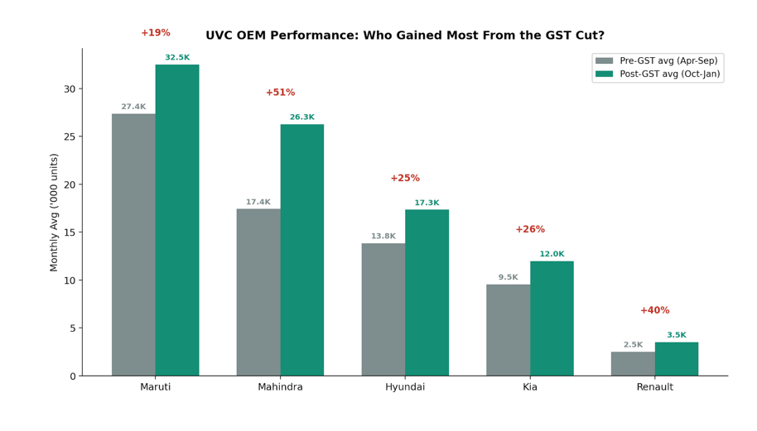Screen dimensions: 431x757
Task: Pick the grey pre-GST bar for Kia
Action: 508,330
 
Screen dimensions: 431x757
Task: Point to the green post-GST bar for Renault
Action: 676,359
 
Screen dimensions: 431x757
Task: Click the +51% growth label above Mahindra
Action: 280,93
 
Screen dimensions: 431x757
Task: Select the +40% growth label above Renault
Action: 654,310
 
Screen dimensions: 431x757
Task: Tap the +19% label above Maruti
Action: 155,33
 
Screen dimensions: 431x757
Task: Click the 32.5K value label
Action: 177,58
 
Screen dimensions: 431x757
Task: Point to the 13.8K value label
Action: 383,237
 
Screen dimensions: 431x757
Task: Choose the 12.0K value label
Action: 552,255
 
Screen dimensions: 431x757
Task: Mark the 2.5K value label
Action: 633,345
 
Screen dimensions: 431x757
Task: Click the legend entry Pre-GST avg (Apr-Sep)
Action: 668,61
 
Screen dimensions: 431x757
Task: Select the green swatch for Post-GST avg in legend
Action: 605,74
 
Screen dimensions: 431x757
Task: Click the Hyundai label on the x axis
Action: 405,387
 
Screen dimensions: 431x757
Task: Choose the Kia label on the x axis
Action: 530,387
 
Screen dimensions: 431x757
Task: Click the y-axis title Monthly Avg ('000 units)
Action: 55,212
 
